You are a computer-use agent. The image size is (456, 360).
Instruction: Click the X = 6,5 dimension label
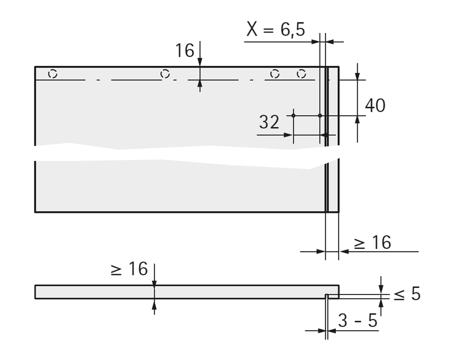276,29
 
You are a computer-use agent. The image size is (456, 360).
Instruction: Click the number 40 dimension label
375,105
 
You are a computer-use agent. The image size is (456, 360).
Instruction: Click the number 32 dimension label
269,122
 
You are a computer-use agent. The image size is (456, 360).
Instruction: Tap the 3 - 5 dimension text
358,320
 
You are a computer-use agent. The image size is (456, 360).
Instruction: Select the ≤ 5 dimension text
407,293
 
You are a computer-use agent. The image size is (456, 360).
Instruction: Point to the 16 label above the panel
185,50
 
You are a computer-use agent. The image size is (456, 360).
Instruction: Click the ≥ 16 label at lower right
372,242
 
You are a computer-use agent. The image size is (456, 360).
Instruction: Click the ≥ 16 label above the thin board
129,268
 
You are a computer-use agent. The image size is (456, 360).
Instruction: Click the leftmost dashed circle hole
53,74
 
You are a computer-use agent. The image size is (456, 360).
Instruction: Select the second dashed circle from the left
165,74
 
